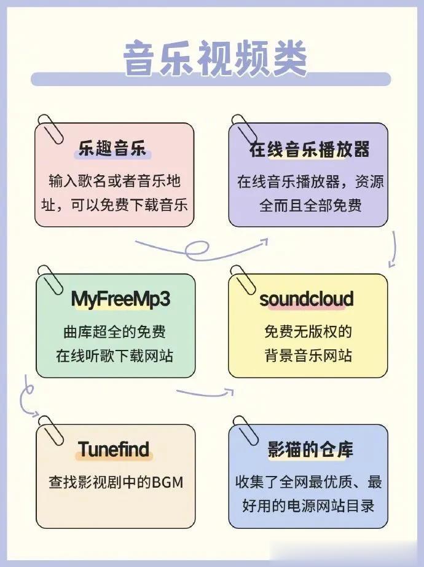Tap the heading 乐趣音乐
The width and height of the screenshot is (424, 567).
click(112, 149)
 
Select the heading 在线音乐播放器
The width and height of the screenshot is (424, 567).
click(309, 149)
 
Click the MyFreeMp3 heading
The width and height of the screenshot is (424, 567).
click(120, 299)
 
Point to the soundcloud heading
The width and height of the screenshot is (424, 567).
click(307, 299)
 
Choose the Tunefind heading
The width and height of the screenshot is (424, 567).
click(114, 449)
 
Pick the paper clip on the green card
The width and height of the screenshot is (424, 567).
click(53, 280)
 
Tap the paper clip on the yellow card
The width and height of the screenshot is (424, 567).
click(245, 280)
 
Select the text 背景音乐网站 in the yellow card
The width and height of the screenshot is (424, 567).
click(308, 355)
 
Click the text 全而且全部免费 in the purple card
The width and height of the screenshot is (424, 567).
click(310, 205)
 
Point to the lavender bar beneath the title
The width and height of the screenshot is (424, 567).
click(211, 79)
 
